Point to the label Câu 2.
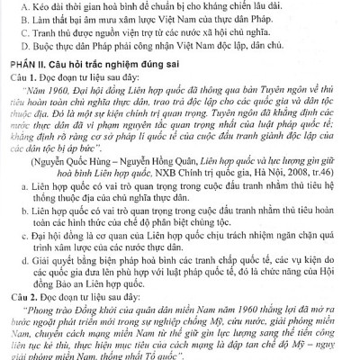[x=19, y=298]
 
